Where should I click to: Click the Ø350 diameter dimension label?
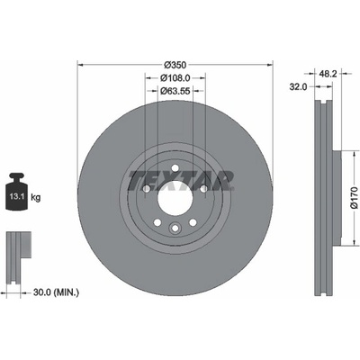click(175, 65)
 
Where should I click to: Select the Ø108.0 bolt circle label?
click(175, 78)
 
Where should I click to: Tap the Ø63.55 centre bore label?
click(175, 91)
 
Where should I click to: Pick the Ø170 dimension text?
click(355, 198)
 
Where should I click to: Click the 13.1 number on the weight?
click(14, 197)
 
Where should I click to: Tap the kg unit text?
click(36, 197)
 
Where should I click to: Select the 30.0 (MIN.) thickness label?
click(56, 292)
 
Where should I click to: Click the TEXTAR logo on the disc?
click(181, 181)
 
